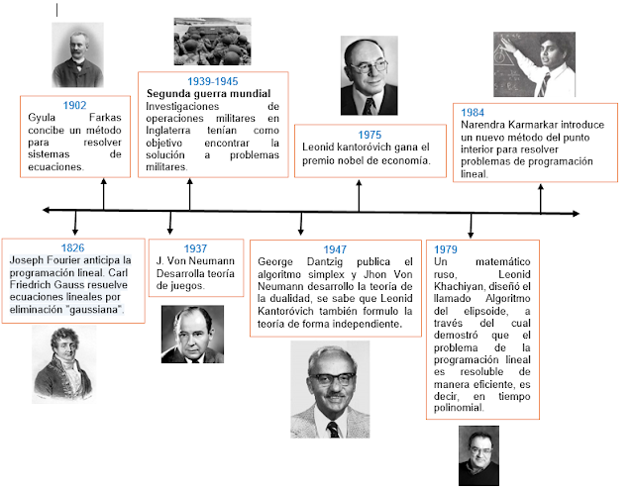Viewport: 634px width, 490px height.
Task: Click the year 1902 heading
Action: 74,104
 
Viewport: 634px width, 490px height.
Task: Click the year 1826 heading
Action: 72,246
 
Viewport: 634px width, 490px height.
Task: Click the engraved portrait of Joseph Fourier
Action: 65,364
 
